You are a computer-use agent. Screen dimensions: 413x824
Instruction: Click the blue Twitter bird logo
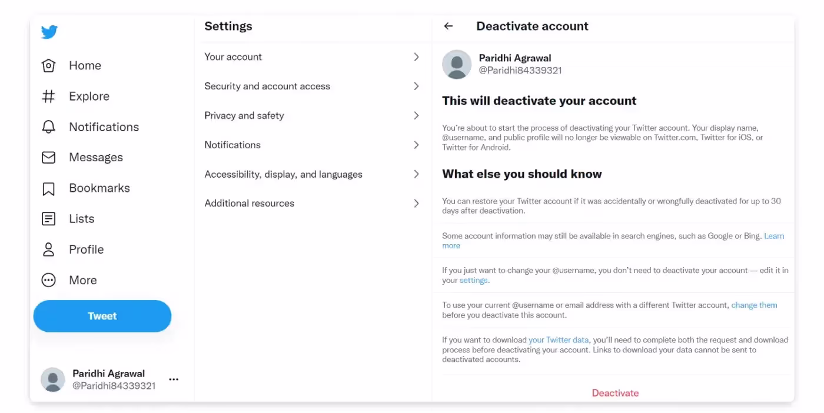click(49, 32)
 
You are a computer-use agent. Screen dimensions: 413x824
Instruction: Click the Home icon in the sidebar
click(49, 66)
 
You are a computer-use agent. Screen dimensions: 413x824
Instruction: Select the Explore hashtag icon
click(49, 96)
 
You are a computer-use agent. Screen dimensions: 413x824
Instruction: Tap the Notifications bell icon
click(49, 127)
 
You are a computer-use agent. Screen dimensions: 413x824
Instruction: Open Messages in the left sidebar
click(95, 158)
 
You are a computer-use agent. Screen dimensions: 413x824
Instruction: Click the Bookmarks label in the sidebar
click(99, 188)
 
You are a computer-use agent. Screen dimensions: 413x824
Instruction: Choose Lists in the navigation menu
click(81, 219)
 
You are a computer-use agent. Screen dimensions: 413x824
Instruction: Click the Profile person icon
click(49, 249)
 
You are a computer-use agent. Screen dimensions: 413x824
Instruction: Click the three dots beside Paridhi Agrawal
click(174, 379)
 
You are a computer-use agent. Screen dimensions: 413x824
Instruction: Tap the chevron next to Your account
click(416, 57)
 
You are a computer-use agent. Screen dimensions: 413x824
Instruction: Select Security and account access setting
click(267, 86)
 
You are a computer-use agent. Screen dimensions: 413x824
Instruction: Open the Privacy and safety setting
click(244, 116)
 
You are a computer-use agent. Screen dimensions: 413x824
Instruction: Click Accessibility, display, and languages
click(283, 175)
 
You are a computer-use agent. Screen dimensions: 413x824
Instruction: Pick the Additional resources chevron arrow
click(416, 204)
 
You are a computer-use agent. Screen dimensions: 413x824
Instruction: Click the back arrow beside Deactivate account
click(448, 26)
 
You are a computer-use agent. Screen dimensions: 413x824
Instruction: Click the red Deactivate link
click(615, 393)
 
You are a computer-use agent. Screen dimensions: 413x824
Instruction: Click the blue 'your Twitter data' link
click(559, 340)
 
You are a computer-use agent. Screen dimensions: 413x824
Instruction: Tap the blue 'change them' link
click(754, 305)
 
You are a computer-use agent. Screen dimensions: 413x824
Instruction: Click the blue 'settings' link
click(473, 281)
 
